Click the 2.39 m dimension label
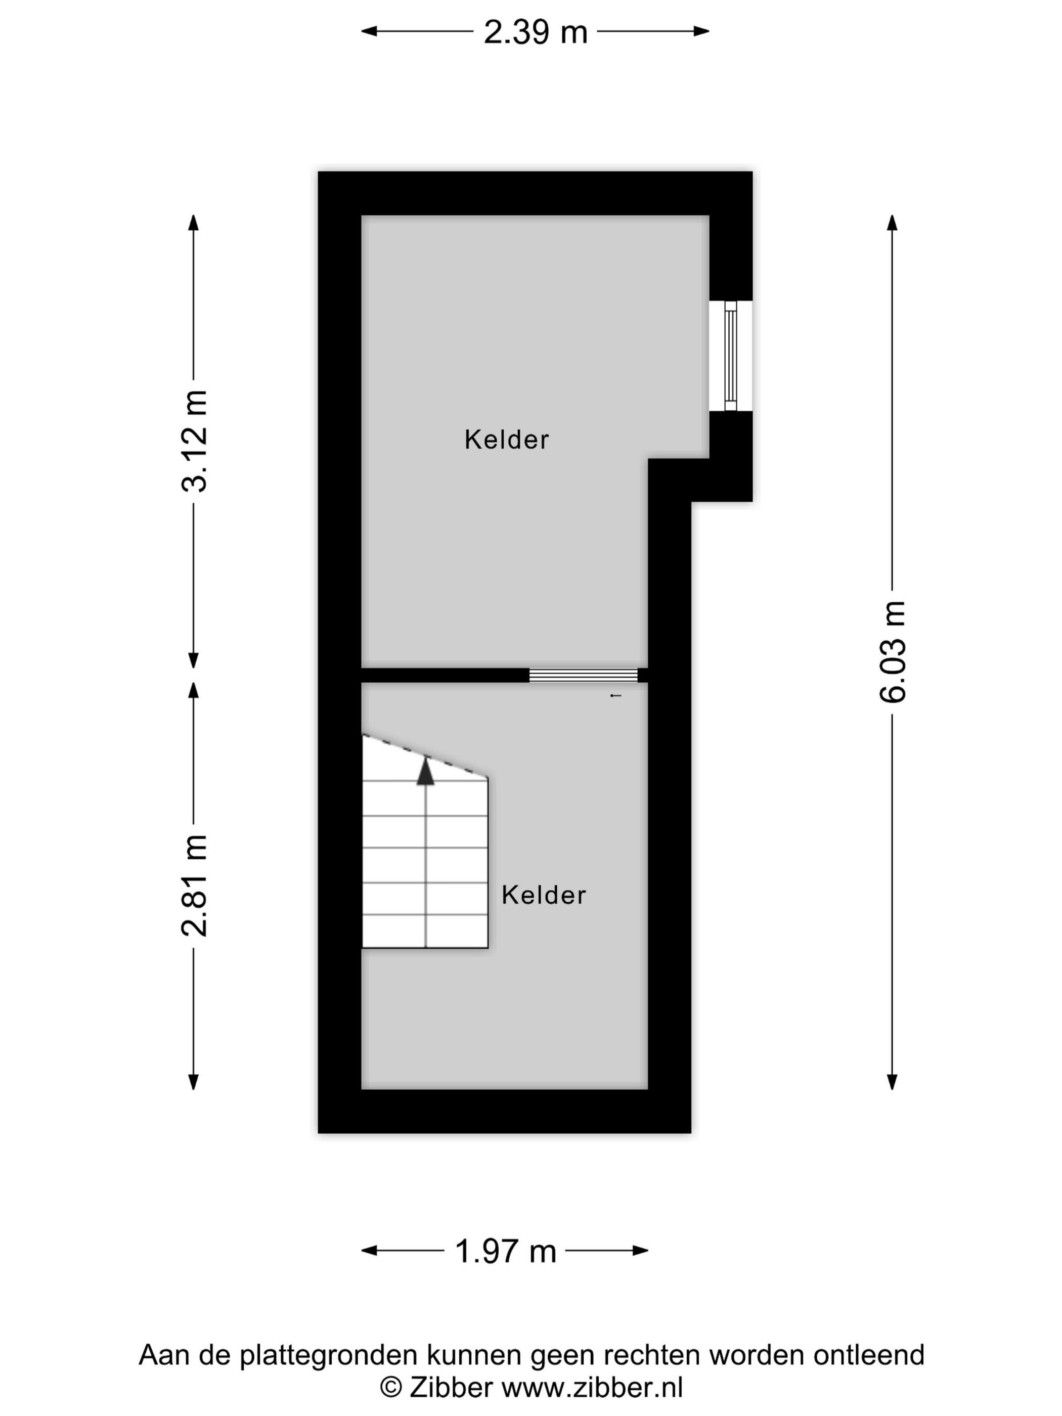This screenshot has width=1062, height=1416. (x=535, y=32)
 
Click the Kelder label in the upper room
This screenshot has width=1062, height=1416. (x=506, y=440)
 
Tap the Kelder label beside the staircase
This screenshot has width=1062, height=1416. (x=544, y=895)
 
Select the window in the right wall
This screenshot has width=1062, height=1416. (x=730, y=356)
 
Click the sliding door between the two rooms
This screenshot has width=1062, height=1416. (x=583, y=675)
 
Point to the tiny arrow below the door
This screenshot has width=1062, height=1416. (x=615, y=696)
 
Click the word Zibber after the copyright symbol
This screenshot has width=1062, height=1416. (x=451, y=1387)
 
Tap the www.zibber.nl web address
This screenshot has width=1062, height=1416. (x=592, y=1387)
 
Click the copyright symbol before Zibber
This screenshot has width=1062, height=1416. (x=390, y=1387)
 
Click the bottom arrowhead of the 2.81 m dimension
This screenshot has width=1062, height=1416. (x=193, y=1082)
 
